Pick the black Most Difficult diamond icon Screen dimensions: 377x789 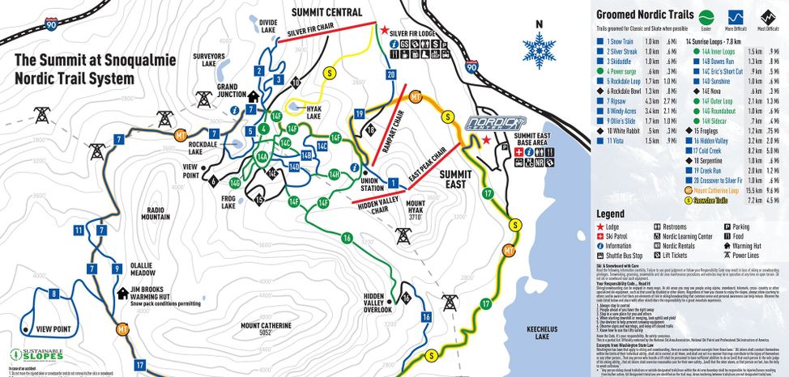tap(763, 17)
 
